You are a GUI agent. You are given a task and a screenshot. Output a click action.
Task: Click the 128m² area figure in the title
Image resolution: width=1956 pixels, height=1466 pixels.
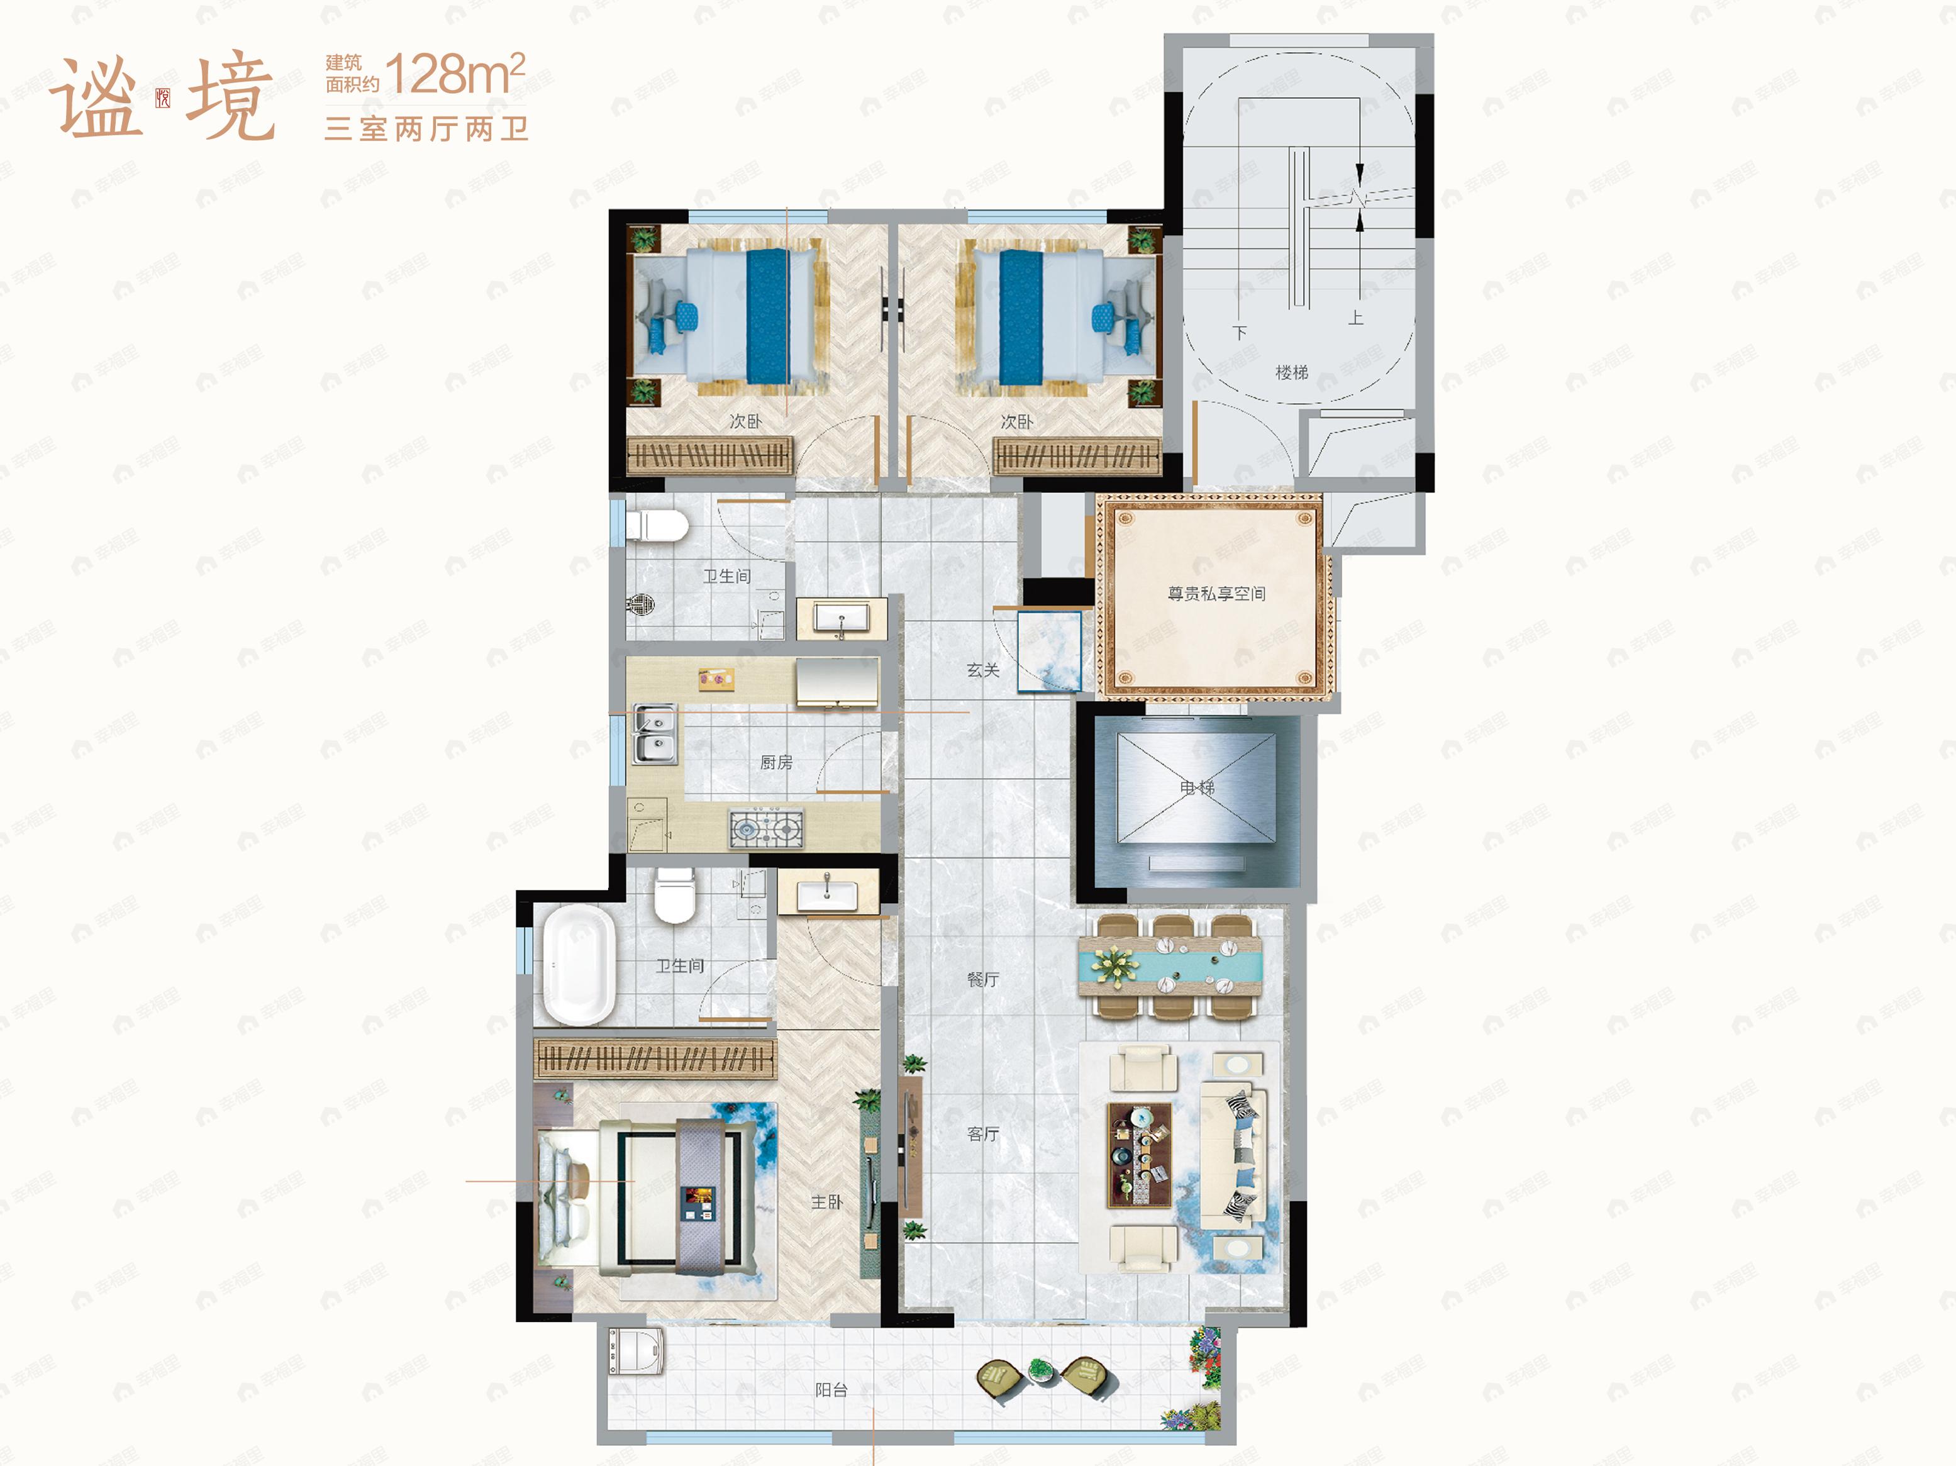point(455,74)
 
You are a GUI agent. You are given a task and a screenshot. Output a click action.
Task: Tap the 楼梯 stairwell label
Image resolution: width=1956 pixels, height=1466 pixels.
point(1291,372)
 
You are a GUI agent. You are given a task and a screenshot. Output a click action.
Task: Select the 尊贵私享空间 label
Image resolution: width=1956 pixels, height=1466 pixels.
point(1216,593)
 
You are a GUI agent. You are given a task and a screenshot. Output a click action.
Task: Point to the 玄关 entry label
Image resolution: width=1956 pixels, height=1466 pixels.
point(982,670)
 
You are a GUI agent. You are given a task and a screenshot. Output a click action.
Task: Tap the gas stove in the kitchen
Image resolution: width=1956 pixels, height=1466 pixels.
point(766,828)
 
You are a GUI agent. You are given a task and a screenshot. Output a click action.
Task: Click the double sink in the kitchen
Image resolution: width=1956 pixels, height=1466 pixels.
point(655,734)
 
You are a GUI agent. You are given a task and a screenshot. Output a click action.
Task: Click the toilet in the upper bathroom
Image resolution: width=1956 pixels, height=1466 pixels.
point(656,525)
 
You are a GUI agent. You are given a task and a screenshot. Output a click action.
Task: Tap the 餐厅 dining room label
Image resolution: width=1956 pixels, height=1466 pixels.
point(982,979)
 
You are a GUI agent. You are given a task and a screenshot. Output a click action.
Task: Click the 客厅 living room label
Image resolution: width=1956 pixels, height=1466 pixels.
point(982,1133)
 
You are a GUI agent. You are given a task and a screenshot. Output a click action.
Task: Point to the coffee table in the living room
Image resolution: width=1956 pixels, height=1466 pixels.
point(1140,1154)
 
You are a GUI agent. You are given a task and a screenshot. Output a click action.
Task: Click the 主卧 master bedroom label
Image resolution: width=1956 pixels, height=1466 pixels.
point(827,1202)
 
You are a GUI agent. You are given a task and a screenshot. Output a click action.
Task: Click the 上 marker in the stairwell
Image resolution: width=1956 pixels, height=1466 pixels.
point(1355,318)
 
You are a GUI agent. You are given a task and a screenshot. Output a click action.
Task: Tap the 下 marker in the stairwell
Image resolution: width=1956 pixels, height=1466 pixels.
point(1240,333)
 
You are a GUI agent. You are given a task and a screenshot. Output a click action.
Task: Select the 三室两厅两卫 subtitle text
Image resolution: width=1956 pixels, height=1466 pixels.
point(426,129)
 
